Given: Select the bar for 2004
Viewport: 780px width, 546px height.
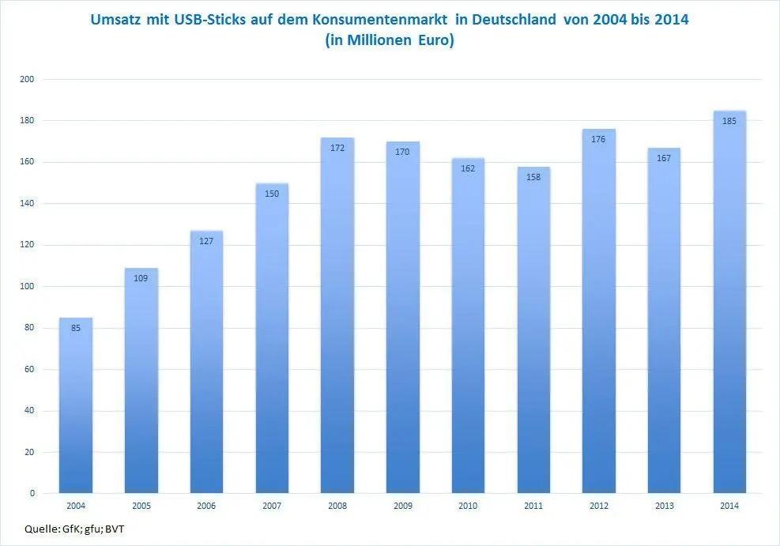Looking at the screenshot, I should (x=76, y=406).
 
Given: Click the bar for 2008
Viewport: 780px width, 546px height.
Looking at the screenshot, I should (x=337, y=316).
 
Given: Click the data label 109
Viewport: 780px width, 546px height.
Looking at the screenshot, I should (x=141, y=278).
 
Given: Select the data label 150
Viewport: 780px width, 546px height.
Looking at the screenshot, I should (x=272, y=194).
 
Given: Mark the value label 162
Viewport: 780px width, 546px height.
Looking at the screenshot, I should (x=468, y=168).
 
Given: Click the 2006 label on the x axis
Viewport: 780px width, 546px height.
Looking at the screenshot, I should (x=206, y=506).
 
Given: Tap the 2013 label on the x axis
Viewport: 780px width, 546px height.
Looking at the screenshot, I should (x=664, y=506).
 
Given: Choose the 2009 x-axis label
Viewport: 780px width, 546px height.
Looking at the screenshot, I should (x=402, y=506).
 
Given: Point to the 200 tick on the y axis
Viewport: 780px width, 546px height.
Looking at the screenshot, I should (x=28, y=79).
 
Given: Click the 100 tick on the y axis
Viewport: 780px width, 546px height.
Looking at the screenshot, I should (x=28, y=286).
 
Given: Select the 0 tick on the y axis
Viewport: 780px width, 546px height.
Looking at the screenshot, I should (x=32, y=493).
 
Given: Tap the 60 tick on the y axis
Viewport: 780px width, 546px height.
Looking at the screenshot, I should (x=30, y=369).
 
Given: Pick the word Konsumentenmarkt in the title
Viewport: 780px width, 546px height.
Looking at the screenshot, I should (x=379, y=20).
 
